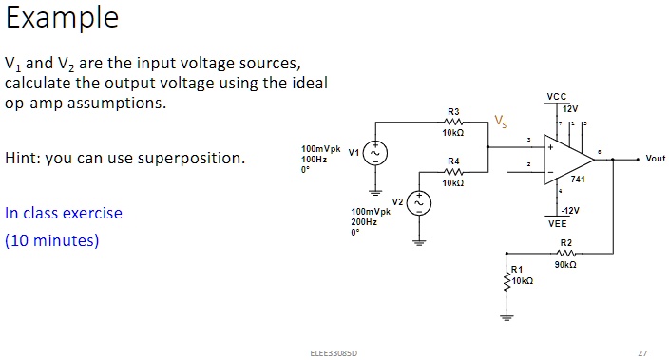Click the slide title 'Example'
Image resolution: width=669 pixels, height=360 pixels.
pyautogui.click(x=62, y=19)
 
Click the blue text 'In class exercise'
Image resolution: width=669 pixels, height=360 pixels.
pyautogui.click(x=64, y=213)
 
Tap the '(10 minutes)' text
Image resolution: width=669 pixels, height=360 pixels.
pyautogui.click(x=52, y=240)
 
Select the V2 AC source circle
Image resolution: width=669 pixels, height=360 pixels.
pyautogui.click(x=418, y=203)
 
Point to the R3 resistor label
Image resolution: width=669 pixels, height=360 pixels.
pyautogui.click(x=453, y=112)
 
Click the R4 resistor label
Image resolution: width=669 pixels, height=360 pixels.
pyautogui.click(x=453, y=161)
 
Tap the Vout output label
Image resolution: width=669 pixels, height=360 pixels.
pyautogui.click(x=655, y=159)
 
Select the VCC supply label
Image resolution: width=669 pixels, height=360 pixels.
pyautogui.click(x=556, y=97)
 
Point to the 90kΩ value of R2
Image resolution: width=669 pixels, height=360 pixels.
pyautogui.click(x=567, y=265)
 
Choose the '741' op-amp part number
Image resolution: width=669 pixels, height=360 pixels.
pyautogui.click(x=577, y=180)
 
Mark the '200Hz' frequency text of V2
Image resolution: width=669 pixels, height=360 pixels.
pyautogui.click(x=365, y=221)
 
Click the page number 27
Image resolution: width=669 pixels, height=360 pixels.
pyautogui.click(x=642, y=352)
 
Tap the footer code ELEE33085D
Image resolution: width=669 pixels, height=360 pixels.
pyautogui.click(x=329, y=352)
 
